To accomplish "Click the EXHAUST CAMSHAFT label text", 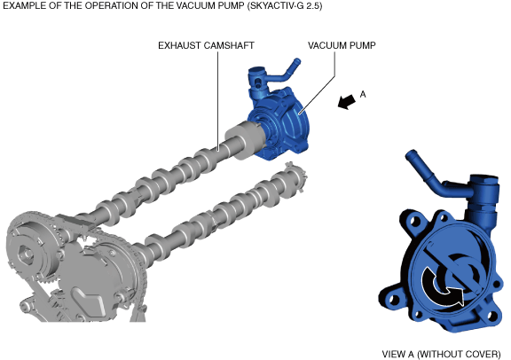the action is point(206,45).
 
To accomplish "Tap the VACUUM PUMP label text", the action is point(342,45).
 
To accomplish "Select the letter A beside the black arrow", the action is point(363,94).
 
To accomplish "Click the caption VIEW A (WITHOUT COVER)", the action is point(441,354).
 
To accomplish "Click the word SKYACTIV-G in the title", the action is point(276,5).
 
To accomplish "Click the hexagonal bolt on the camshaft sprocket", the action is point(26,254).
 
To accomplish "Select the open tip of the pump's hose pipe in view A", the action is point(410,154).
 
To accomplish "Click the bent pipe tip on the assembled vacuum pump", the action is point(297,61).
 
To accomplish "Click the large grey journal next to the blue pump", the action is point(244,141).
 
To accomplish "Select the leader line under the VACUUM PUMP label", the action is point(318,82).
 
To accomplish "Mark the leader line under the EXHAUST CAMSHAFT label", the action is point(218,100).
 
